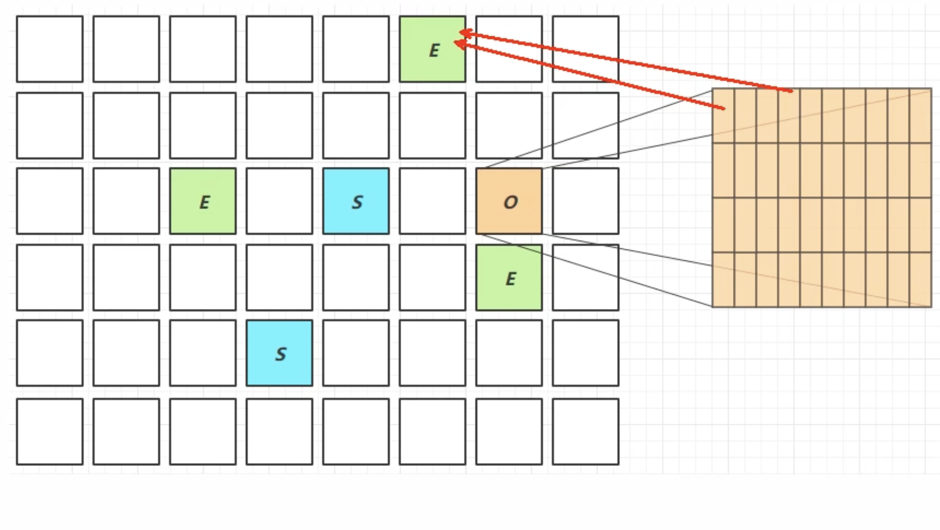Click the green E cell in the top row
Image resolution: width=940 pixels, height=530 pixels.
coord(433,49)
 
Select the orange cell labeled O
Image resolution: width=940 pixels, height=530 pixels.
coord(509,201)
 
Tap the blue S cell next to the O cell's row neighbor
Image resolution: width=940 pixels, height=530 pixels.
coord(356,201)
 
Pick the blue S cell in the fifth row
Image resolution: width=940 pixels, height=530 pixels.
coord(279,353)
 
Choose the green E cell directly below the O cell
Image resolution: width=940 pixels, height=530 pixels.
coord(509,278)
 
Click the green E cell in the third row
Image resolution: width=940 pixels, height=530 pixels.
coord(203,201)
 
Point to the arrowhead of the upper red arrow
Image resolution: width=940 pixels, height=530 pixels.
coord(461,33)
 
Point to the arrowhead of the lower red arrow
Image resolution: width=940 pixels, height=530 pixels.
coord(456,43)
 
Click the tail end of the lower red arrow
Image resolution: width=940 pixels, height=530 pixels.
coord(724,108)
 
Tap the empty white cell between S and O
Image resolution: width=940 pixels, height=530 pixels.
coord(433,201)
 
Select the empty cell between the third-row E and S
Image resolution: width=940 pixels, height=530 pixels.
coord(279,201)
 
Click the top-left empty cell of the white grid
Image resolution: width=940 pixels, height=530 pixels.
coord(50,49)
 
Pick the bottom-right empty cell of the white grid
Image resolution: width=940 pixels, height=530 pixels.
coord(585,431)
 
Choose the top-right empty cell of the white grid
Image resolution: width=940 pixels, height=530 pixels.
coord(585,49)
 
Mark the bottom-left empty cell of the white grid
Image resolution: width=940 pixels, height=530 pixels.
coord(50,431)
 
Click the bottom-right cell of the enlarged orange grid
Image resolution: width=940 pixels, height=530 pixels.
coord(920,279)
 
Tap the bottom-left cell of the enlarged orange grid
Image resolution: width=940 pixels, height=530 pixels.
coord(723,279)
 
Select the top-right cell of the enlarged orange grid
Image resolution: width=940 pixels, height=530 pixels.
coord(920,116)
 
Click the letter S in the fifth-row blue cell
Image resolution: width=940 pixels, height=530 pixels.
coord(281,354)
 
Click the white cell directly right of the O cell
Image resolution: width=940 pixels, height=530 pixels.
coord(585,201)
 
